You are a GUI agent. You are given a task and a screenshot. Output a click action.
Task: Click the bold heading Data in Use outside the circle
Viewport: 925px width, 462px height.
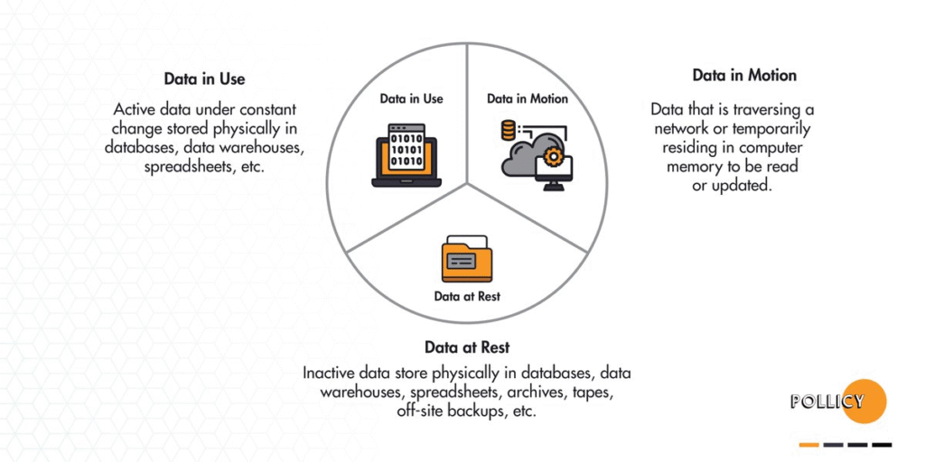coord(204,79)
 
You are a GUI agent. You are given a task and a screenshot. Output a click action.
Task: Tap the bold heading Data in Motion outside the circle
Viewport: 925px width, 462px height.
coord(744,75)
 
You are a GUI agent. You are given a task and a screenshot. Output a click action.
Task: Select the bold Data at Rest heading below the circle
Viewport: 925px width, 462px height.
coord(467,347)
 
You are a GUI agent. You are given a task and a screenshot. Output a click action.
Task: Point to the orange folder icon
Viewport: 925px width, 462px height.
coord(467,259)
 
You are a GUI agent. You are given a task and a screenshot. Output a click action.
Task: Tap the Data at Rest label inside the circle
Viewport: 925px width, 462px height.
coord(467,296)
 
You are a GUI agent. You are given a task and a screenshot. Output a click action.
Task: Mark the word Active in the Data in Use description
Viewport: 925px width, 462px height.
coord(134,109)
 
